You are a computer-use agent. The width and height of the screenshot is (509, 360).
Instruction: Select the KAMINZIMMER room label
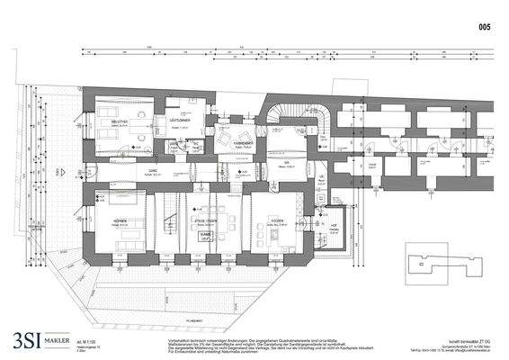[244, 143]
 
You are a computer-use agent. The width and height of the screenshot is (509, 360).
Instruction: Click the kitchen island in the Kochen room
[274, 240]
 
